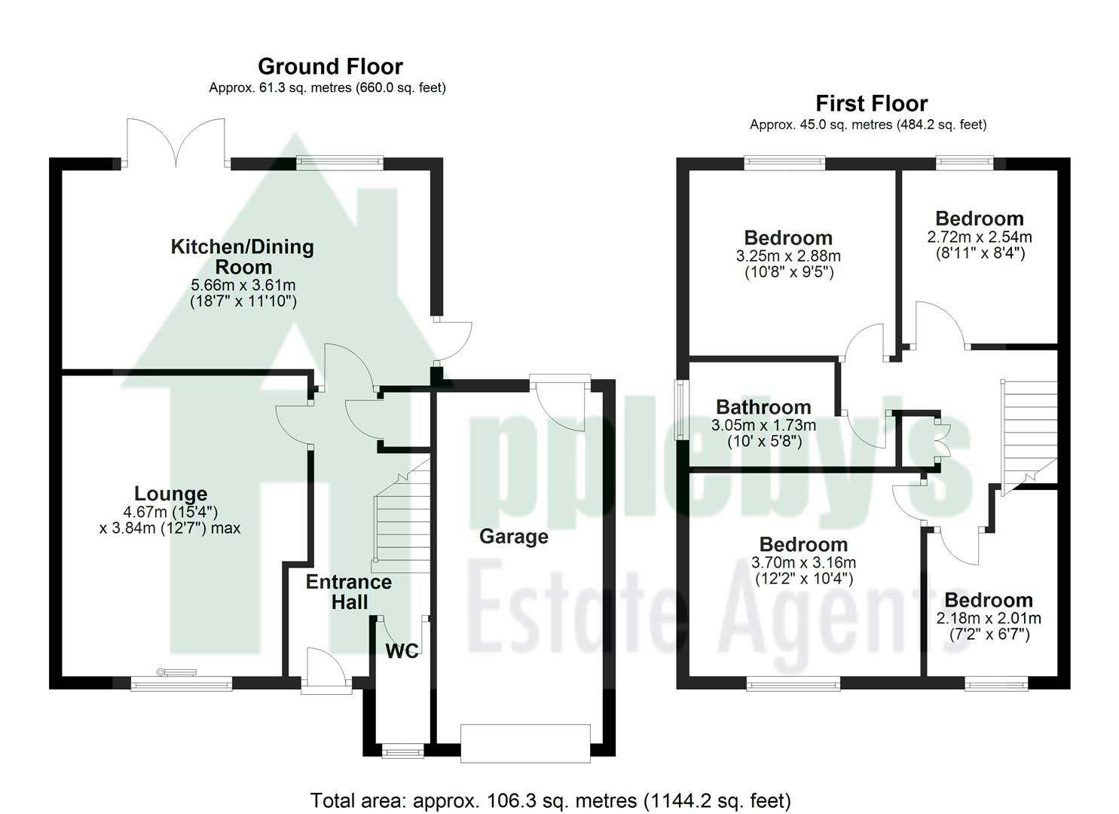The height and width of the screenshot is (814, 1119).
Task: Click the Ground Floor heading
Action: [x=330, y=66]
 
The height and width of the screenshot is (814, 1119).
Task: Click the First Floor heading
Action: [x=871, y=103]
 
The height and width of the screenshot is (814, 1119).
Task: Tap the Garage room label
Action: [x=514, y=537]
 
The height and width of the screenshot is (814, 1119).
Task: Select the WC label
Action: [x=402, y=651]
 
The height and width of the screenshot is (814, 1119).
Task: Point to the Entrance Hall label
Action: [x=349, y=592]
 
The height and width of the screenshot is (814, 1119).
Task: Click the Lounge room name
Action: [x=170, y=494]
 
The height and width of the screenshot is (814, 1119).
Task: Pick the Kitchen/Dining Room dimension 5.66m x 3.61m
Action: [x=243, y=285]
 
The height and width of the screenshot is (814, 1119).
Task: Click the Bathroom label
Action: [x=763, y=407]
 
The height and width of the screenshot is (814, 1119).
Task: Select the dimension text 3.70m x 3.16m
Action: [x=803, y=562]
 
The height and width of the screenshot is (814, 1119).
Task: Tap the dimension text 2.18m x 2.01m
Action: [x=989, y=618]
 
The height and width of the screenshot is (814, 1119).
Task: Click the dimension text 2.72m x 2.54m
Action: [x=980, y=237]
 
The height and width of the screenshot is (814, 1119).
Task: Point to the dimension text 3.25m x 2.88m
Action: [x=788, y=256]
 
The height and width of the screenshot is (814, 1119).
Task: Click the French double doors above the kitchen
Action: [x=176, y=143]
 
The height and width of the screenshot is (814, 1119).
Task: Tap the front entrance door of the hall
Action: [x=326, y=671]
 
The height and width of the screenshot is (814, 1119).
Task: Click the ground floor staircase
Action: [x=401, y=520]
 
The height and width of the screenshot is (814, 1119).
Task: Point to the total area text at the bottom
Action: [x=550, y=800]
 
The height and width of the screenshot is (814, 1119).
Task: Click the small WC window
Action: [x=402, y=751]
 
